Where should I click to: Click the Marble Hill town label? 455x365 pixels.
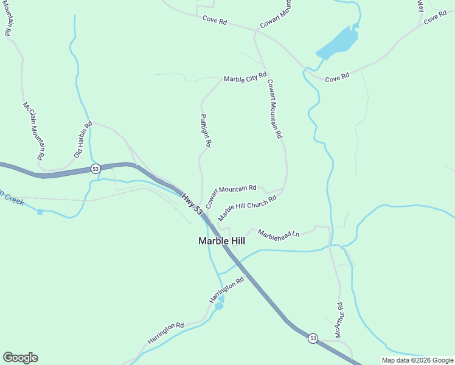(221, 241)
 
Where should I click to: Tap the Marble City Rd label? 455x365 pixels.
(245, 78)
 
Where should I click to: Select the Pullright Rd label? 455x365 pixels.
(206, 130)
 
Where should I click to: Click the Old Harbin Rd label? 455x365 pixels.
(83, 140)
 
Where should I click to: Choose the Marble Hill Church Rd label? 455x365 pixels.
(247, 207)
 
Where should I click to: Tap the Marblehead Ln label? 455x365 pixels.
(279, 234)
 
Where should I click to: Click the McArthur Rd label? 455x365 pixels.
(339, 321)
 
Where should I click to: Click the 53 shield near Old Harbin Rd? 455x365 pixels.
(96, 169)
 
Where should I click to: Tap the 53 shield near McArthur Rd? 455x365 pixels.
(313, 338)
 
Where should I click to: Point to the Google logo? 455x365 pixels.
(20, 358)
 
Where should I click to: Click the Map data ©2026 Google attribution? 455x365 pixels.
(417, 360)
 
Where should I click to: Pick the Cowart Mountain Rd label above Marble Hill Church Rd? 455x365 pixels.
(231, 196)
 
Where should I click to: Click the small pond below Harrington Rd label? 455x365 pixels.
(218, 306)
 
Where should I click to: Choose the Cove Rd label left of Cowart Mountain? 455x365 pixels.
(215, 21)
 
